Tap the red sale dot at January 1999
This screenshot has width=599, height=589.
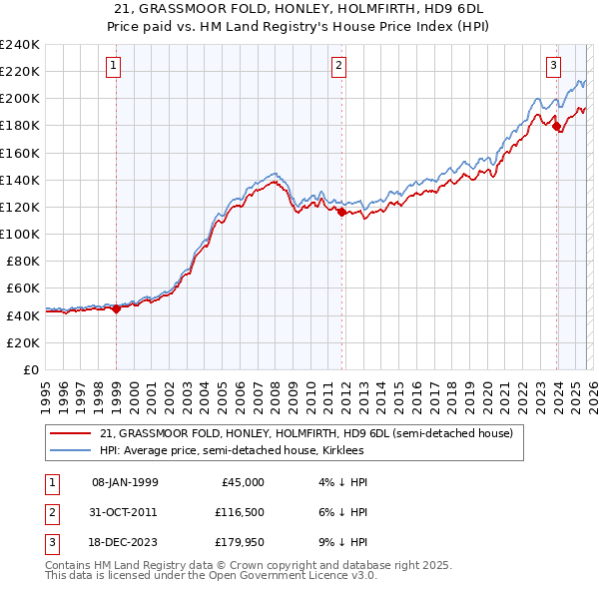click(x=116, y=308)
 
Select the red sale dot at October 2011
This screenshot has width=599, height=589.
click(x=341, y=212)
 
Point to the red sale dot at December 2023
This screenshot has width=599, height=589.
click(x=556, y=126)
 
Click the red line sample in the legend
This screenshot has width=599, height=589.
click(x=71, y=434)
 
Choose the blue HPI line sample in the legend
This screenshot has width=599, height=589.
click(x=71, y=451)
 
